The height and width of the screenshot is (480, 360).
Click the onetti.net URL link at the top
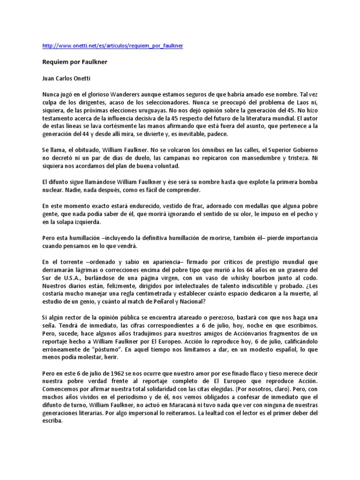112,45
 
